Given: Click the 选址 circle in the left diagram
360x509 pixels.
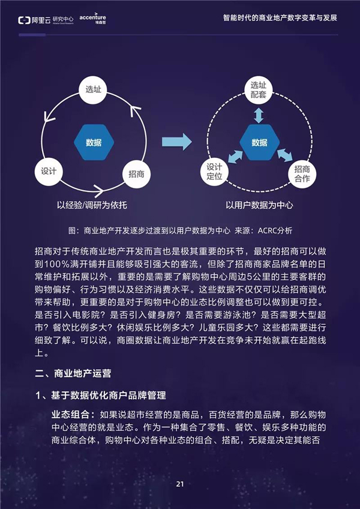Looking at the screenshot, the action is (93, 90).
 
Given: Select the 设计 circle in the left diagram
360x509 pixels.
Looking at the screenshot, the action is (49, 172).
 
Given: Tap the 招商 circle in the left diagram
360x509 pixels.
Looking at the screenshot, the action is (137, 174).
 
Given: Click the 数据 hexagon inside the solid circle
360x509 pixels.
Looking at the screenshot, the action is (94, 142).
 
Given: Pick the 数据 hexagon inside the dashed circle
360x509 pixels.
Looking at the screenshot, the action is (259, 142).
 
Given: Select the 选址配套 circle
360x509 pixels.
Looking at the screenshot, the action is (259, 90).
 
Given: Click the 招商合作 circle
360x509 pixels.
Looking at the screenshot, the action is (302, 173).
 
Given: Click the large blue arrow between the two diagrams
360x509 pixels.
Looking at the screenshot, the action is (177, 142).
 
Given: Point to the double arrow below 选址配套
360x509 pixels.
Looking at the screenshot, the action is (259, 115).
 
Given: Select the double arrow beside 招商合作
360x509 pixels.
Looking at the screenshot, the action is (284, 155).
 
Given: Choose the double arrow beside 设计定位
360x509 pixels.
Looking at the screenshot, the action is (235, 156).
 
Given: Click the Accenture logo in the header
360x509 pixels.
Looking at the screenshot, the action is (92, 19).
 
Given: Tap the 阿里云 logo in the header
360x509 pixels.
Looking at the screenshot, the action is (46, 20).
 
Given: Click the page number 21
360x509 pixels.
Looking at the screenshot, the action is (180, 484).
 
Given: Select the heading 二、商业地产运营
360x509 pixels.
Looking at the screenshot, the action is (73, 373).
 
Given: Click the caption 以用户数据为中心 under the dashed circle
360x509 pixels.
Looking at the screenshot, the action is (259, 205).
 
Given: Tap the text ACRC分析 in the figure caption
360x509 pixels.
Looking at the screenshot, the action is (275, 231).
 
